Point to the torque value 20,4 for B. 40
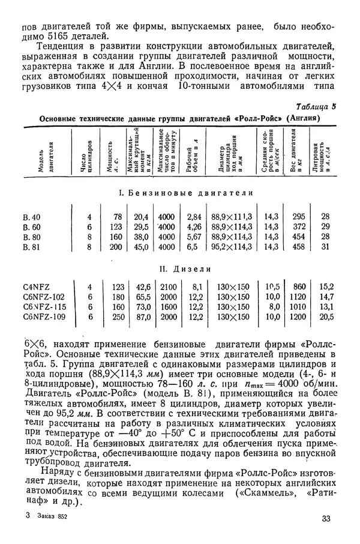pos(140,216)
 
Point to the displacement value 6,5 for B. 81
pos(193,246)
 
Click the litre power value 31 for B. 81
pos(326,246)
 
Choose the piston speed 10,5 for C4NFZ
pos(272,286)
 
